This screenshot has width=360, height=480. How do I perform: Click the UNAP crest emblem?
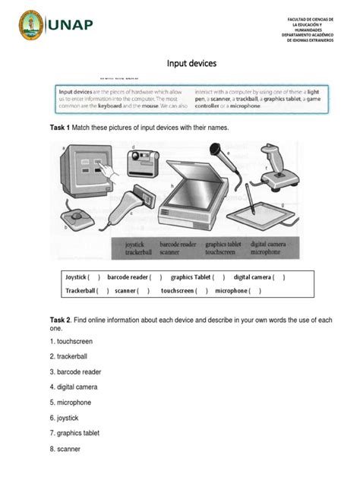[32, 26]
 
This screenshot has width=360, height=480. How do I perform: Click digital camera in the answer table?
[254, 277]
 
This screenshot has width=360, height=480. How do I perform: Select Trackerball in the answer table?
[81, 290]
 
